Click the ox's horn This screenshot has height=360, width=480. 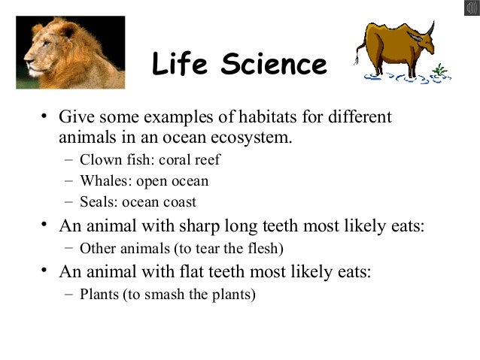pos(427,29)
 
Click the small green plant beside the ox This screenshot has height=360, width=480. pos(441,72)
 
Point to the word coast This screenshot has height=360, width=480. pos(180,202)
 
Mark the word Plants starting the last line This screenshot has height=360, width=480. pos(98,294)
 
